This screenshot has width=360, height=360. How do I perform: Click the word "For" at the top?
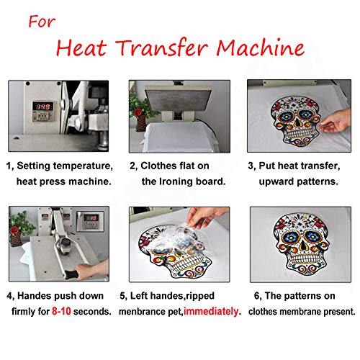42,21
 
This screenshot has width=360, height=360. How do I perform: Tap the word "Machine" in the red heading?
261,48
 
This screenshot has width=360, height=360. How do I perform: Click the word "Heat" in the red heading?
81,48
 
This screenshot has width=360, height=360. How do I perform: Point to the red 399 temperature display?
43,107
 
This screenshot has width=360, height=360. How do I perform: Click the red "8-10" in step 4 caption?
61,311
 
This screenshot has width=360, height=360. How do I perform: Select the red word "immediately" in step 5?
211,312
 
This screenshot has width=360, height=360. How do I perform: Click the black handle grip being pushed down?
71,274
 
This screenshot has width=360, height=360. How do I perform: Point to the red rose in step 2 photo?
138,112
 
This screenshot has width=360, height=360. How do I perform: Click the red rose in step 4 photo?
14,230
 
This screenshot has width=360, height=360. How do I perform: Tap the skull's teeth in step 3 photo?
298,132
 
